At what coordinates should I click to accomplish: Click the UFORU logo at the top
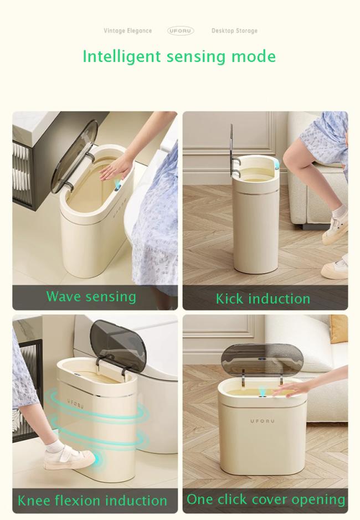click(181, 31)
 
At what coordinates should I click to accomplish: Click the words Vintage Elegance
click(128, 31)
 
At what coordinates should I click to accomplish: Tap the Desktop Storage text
click(235, 31)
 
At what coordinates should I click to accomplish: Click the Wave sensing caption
click(91, 296)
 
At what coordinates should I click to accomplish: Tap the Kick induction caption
click(263, 298)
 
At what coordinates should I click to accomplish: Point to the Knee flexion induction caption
click(92, 501)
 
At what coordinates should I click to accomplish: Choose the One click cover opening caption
click(266, 499)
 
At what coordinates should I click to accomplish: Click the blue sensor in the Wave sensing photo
click(117, 186)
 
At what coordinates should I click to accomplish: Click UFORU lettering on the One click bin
click(263, 421)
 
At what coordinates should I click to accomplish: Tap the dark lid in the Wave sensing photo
click(74, 156)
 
